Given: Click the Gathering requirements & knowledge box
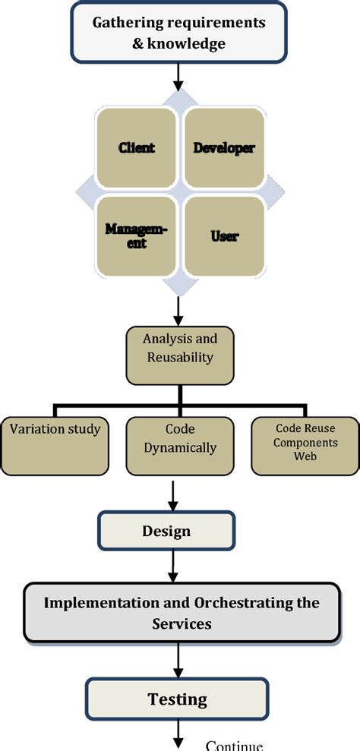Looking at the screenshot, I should click(x=179, y=33).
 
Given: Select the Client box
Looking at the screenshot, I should click(x=136, y=147).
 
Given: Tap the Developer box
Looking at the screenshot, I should click(x=223, y=147).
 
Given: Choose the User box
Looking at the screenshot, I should click(x=223, y=235).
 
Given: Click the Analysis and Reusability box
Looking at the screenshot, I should click(x=178, y=356).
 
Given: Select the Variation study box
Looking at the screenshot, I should click(x=55, y=445).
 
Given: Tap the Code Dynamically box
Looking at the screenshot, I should click(x=179, y=445).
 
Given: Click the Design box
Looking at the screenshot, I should click(x=166, y=531).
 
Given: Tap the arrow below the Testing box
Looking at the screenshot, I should click(x=179, y=735).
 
